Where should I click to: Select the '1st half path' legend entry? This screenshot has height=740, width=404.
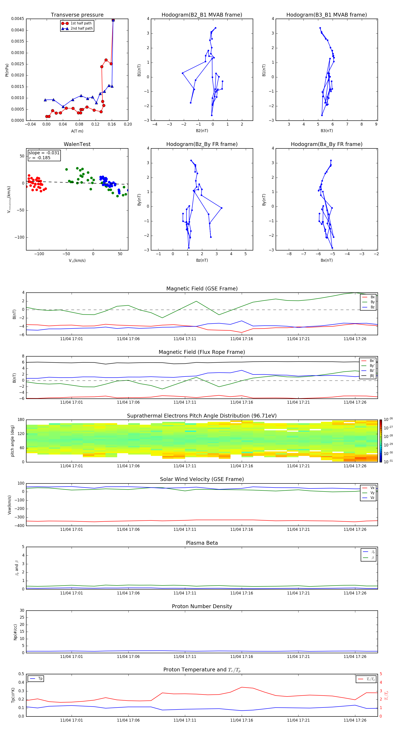(x=81, y=23)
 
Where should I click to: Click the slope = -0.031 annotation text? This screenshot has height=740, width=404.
(x=44, y=153)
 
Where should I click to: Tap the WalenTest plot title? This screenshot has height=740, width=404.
(x=77, y=144)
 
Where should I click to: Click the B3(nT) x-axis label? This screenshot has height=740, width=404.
(x=327, y=131)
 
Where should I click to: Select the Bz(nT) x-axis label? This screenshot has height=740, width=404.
(x=202, y=260)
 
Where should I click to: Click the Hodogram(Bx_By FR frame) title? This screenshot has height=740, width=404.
(x=326, y=144)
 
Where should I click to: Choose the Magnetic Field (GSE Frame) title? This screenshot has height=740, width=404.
(x=202, y=289)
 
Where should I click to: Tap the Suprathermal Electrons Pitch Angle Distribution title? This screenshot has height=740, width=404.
(x=202, y=416)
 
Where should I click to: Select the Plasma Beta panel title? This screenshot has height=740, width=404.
(x=202, y=543)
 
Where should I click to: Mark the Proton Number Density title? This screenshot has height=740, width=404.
(x=202, y=606)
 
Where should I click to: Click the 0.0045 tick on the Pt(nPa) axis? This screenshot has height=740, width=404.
(x=18, y=19)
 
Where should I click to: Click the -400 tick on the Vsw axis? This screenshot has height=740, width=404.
(x=19, y=526)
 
